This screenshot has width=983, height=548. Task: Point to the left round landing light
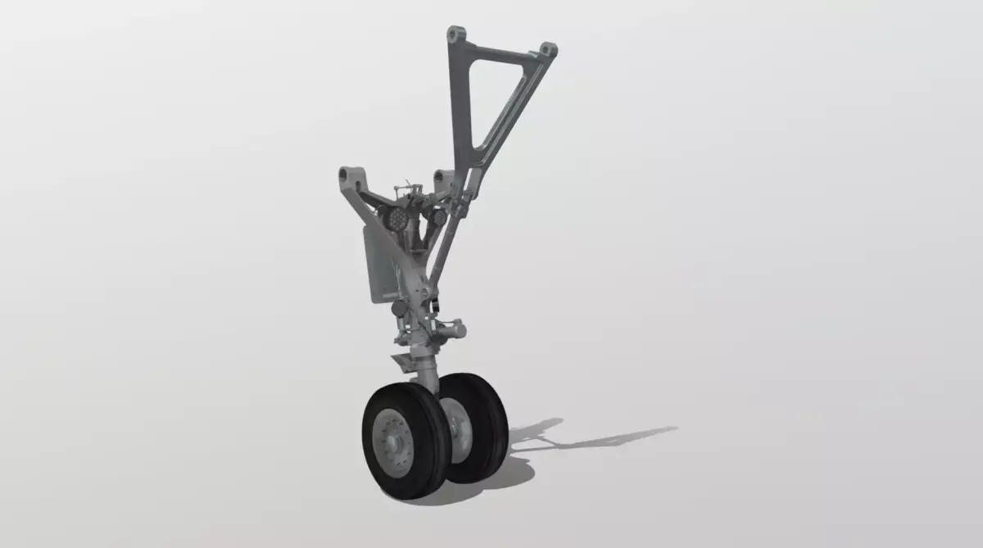click(398, 219)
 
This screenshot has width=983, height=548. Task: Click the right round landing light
click(438, 218)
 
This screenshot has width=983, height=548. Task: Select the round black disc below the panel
click(400, 309)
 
